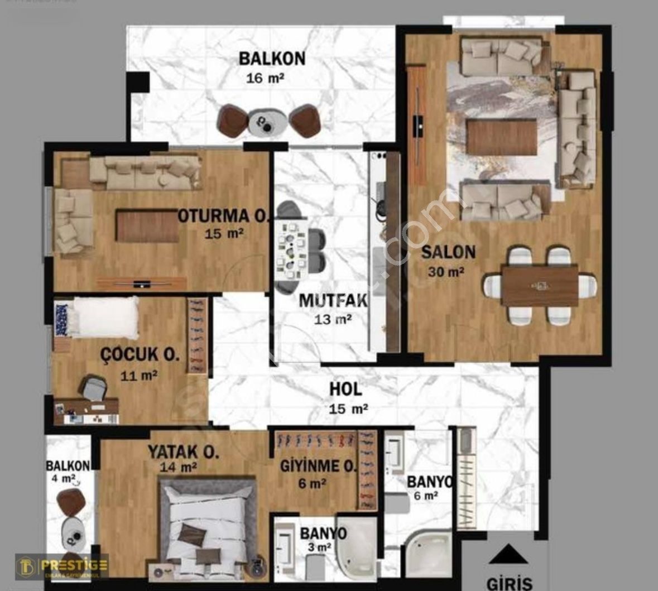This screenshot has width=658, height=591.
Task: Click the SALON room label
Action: click(x=448, y=252)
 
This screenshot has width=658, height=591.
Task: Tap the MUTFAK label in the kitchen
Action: click(x=333, y=300)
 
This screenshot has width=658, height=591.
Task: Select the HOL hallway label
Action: click(x=345, y=389)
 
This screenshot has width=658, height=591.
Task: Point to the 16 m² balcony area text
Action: click(x=266, y=78)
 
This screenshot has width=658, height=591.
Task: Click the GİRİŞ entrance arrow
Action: click(x=508, y=554)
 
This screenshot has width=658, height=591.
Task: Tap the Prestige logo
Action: click(x=62, y=566)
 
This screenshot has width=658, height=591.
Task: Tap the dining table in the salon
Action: click(x=539, y=286)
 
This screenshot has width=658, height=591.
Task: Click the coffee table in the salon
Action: click(x=502, y=138)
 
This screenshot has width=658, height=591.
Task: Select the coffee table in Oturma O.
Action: click(x=147, y=225)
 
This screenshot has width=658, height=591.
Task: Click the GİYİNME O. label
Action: click(x=318, y=465)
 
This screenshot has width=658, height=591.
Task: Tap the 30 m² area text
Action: click(x=446, y=272)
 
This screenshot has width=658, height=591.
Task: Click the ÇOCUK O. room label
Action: click(x=140, y=354)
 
